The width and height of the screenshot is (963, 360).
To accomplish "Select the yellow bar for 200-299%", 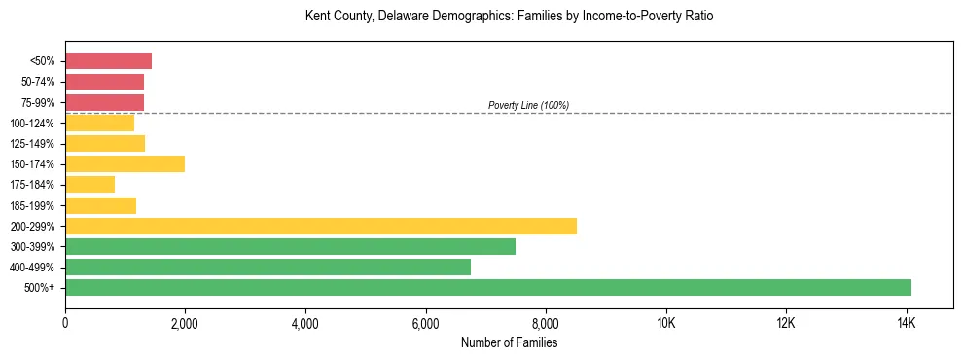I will point(321,226).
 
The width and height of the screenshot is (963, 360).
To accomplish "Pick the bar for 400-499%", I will point(267,267).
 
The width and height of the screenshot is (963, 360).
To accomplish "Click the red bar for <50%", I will point(108,61).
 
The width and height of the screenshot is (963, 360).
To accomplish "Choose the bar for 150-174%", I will point(125,163).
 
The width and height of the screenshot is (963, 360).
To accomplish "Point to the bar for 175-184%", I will point(89,184).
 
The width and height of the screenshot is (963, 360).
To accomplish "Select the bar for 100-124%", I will point(99,123).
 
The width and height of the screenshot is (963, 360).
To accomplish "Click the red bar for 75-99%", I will point(104,102).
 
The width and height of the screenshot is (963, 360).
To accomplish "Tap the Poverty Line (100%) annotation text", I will point(528,105).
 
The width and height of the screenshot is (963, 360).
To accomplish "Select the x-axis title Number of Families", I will point(509,342).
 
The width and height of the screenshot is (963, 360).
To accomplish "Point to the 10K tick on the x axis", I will point(666,322).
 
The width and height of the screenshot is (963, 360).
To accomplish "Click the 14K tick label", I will point(907,322).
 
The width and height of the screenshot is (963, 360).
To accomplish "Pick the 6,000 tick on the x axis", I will point(426,322).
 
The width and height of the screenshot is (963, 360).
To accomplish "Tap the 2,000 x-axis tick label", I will point(185,322).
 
